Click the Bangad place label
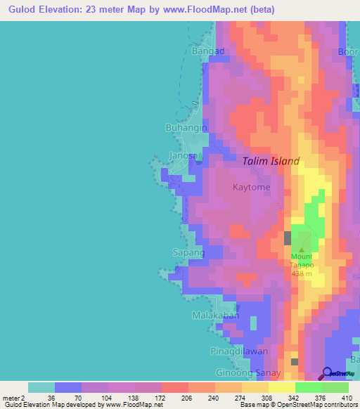click(x=207, y=51)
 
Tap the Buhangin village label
click(x=186, y=128)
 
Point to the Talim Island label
click(x=271, y=161)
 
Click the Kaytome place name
click(x=252, y=188)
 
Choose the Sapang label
click(x=188, y=252)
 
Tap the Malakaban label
click(x=216, y=316)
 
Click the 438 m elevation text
click(x=302, y=275)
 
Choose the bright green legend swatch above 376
click(x=309, y=387)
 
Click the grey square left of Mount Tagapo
click(x=288, y=238)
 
